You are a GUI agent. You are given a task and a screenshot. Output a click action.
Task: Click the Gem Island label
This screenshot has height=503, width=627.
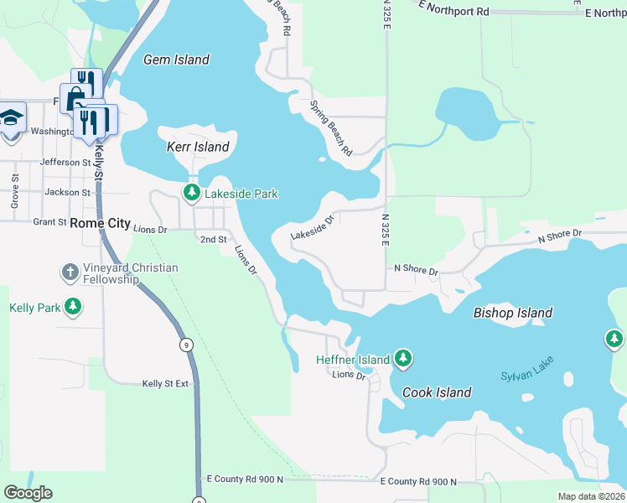pos(176,60)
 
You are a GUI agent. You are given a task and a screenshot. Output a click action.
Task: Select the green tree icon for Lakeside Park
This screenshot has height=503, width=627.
pos(192,194)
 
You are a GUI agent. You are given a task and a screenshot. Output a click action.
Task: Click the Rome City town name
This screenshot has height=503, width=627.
pos(101,223)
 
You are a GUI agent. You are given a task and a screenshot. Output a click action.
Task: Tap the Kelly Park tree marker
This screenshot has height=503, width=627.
pos(74,308)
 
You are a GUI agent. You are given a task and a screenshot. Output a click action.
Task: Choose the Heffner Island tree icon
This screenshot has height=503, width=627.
pos(403,359)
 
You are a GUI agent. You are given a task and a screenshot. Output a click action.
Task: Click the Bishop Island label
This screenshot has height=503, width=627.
pos(512,313)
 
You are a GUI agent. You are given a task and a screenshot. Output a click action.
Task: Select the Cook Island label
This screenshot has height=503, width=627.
pos(437,392)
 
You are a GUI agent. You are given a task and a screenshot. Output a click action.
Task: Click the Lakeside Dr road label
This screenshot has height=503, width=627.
pos(313,226)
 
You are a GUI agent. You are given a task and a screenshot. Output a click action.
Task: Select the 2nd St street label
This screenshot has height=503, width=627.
pos(213,240)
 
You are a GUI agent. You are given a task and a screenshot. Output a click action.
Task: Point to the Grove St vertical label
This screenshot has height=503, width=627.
pos(14,191)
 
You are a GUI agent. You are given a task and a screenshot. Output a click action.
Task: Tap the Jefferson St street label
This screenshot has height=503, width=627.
pos(65,162)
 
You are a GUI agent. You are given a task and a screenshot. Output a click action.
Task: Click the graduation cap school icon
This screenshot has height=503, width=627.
pos(11,117)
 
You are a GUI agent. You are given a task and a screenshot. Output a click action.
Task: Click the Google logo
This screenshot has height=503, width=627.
pos(28,493)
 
